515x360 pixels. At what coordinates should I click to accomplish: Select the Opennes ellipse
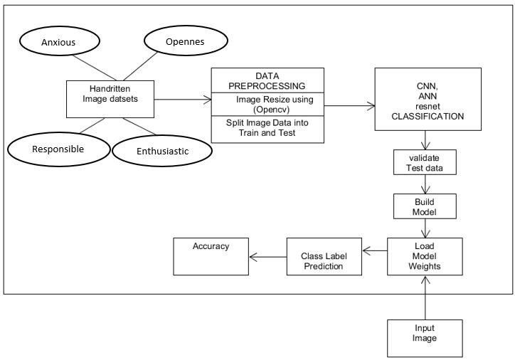click(x=184, y=42)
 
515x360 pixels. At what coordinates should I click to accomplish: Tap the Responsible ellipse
click(x=58, y=149)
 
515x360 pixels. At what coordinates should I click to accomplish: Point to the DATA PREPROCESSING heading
click(x=267, y=80)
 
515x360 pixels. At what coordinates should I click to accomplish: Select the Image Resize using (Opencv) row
click(x=267, y=104)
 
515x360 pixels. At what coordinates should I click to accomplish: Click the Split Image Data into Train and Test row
click(x=267, y=128)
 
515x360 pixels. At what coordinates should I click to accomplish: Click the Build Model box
click(x=425, y=206)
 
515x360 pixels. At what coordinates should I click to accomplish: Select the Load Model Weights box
click(x=425, y=256)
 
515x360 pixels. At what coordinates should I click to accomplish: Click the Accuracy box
click(x=211, y=256)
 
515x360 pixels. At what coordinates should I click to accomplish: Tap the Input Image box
click(x=425, y=334)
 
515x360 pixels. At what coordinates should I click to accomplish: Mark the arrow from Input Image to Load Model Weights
click(x=425, y=299)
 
